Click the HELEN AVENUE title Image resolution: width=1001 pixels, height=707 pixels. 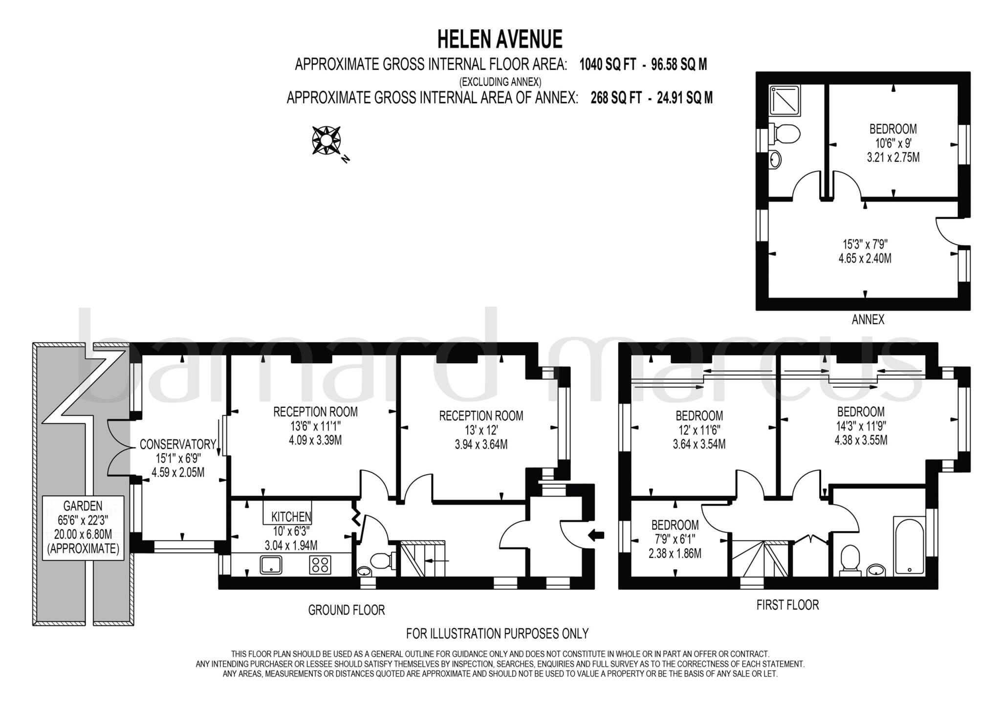(500, 40)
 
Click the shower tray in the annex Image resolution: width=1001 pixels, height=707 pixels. (785, 101)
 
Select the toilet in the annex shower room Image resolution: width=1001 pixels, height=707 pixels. (785, 133)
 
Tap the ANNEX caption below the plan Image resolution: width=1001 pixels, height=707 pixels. (868, 320)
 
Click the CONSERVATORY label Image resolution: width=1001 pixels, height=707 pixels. (177, 444)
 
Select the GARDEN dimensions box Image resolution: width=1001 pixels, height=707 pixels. (83, 527)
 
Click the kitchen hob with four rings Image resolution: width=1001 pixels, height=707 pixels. (320, 565)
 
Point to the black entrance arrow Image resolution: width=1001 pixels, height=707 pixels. (596, 535)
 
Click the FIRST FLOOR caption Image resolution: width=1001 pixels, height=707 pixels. (787, 605)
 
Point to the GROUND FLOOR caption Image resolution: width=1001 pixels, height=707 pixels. (346, 610)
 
